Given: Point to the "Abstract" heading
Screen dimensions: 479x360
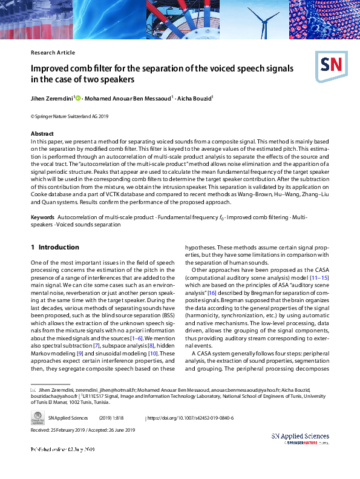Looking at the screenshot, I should (x=42, y=133).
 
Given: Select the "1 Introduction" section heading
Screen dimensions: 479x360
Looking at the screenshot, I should (x=55, y=247).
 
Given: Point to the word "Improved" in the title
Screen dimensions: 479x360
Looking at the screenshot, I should (x=50, y=68).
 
